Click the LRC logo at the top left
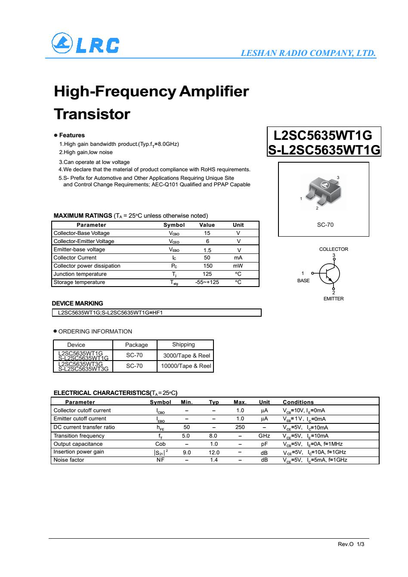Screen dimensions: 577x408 tap(85, 44)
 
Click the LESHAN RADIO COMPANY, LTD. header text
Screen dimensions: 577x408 tap(308, 53)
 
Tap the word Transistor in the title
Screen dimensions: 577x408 tap(92, 114)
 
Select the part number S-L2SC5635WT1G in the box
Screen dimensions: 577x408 tap(324, 150)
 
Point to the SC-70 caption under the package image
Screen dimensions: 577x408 tap(325, 225)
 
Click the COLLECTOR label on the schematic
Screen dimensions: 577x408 tap(334, 249)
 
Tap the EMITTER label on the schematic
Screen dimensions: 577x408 tap(334, 299)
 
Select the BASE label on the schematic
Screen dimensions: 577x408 tap(303, 281)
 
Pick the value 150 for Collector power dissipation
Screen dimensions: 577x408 tap(208, 266)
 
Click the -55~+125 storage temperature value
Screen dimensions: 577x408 tap(207, 282)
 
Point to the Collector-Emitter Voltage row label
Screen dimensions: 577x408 tap(84, 241)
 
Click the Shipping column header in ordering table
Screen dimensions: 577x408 tap(183, 345)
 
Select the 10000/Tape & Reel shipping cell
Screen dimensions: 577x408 tap(186, 366)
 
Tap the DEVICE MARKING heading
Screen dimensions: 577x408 tap(77, 303)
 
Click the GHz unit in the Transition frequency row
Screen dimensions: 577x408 tap(264, 436)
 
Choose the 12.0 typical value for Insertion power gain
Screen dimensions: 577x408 tap(214, 452)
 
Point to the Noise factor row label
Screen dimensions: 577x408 tap(69, 460)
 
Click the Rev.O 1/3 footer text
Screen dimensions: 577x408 tap(351, 544)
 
